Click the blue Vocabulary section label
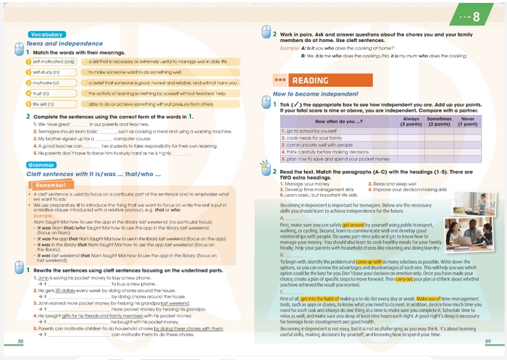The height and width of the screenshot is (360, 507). tap(48, 35)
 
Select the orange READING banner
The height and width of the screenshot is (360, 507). tap(309, 80)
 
